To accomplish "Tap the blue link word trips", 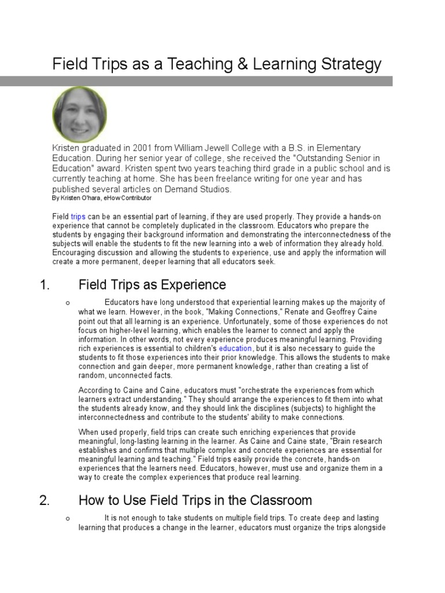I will point(78,217).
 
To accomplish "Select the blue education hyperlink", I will point(235,349).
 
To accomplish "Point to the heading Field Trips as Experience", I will point(152,285).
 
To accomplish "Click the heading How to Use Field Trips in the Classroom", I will point(195,500).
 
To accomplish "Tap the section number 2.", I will point(44,500).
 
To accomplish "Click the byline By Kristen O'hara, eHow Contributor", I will point(101,198).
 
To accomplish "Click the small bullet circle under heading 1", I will point(68,303).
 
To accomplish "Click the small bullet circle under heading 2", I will point(68,519).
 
